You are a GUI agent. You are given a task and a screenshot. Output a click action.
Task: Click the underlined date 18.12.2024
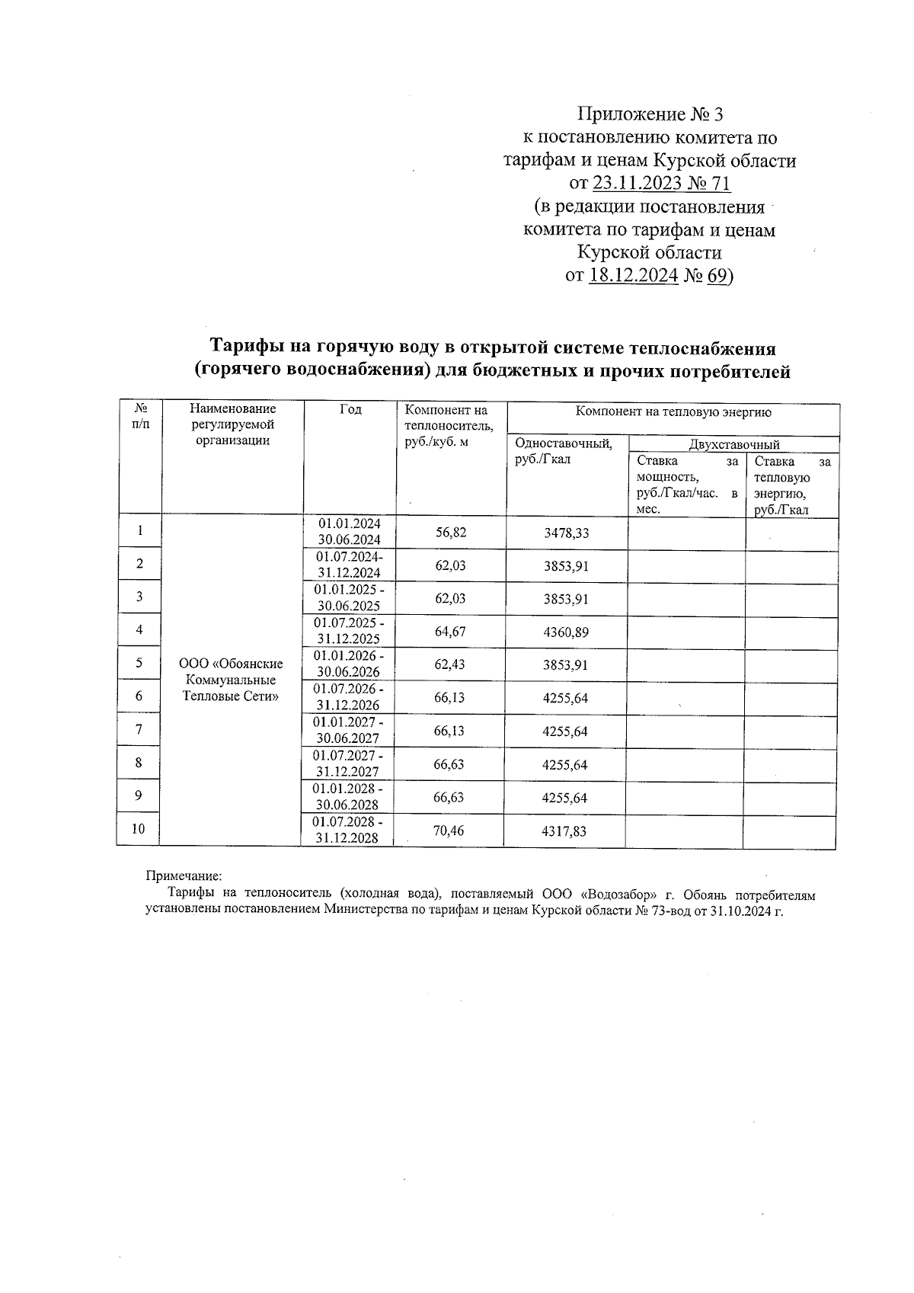(633, 276)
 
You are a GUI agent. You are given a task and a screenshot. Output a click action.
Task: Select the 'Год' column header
(350, 410)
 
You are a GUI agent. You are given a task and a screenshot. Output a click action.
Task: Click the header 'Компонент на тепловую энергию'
(673, 412)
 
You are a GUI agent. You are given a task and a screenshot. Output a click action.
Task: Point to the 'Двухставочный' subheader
(733, 444)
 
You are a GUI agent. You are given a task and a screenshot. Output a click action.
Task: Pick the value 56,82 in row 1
(451, 532)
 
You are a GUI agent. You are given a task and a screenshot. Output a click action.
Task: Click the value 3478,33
(566, 533)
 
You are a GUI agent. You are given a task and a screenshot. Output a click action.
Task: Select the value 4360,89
(566, 632)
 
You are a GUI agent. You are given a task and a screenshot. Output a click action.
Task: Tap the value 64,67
(450, 632)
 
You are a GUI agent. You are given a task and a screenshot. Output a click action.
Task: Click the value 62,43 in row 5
(450, 664)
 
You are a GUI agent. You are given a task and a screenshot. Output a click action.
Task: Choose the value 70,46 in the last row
(449, 831)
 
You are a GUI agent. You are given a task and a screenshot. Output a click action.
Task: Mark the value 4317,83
(564, 831)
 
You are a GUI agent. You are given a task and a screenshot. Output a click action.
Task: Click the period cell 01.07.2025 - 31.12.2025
(350, 631)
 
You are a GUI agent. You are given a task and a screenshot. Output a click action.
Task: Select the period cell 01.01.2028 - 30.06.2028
(349, 797)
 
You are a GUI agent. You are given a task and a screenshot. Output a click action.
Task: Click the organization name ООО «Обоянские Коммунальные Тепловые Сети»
(231, 680)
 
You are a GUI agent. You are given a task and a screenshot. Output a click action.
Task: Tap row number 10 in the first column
(138, 830)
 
